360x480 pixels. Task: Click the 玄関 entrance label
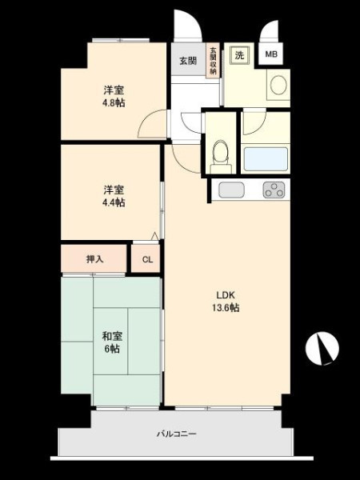click(188, 61)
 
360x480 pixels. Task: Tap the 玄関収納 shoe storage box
click(213, 60)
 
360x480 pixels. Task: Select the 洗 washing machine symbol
click(240, 55)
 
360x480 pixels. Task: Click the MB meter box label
click(271, 54)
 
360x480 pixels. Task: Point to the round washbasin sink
click(278, 85)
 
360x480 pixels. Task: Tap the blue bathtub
click(266, 159)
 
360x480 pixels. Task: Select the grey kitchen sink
click(231, 190)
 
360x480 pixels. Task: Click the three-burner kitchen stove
click(274, 190)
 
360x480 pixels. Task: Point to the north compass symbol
click(322, 348)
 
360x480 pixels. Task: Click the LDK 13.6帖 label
click(226, 302)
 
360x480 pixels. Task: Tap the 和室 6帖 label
click(112, 342)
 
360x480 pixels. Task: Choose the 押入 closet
click(94, 259)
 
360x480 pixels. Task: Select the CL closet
click(146, 259)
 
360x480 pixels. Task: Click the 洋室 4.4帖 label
click(114, 196)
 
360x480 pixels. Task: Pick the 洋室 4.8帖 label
click(114, 97)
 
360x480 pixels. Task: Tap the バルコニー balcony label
click(177, 434)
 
